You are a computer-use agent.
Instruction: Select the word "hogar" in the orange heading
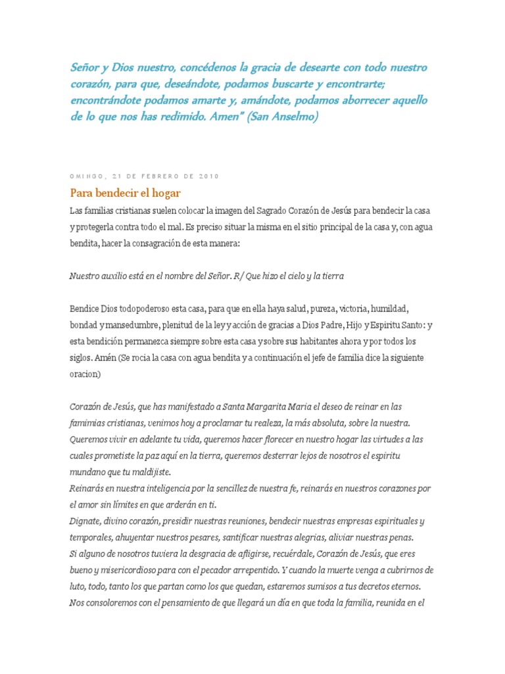[164, 193]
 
